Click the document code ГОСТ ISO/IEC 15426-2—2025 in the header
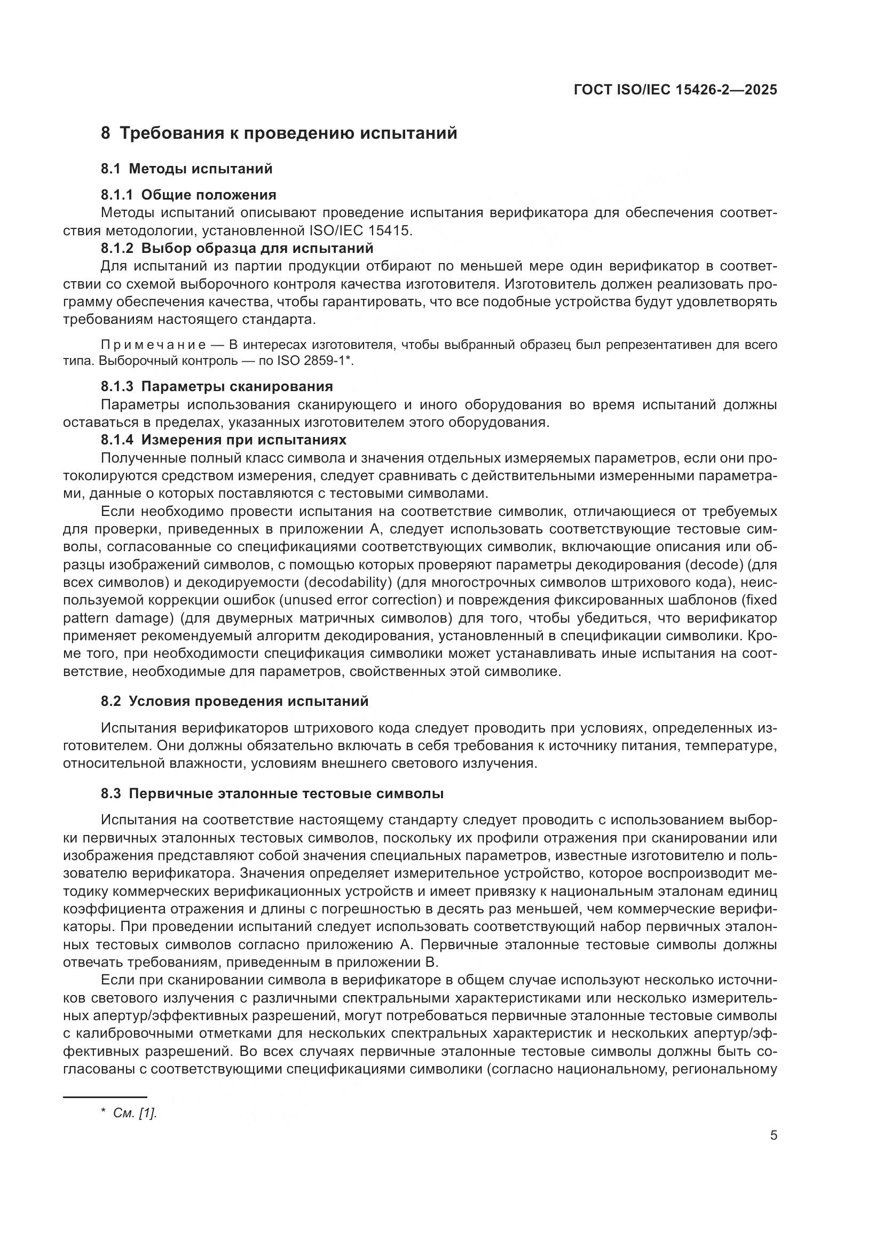pos(675,90)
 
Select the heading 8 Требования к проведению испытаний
pos(279,133)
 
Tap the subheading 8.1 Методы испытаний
pos(186,169)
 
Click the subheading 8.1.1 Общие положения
pos(188,195)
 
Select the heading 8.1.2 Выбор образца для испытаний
pos(237,249)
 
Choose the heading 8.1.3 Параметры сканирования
pos(217,386)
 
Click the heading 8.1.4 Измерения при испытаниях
pos(224,439)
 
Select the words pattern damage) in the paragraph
pos(117,618)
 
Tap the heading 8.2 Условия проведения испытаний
pos(234,701)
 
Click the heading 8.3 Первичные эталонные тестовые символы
pos(272,793)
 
